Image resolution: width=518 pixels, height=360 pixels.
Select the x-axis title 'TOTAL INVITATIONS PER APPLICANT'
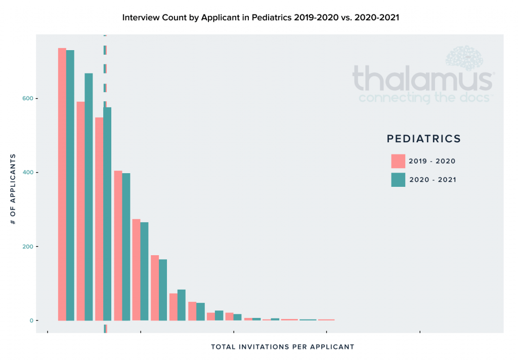pyautogui.click(x=282, y=347)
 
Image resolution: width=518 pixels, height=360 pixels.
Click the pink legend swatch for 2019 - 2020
pyautogui.click(x=398, y=161)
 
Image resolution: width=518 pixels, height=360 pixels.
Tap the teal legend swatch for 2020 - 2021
pyautogui.click(x=398, y=180)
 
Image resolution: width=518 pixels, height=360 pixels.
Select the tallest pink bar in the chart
pyautogui.click(x=62, y=184)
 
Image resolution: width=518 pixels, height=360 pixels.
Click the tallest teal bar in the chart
pyautogui.click(x=70, y=185)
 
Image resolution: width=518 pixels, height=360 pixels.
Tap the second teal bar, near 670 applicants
pyautogui.click(x=89, y=197)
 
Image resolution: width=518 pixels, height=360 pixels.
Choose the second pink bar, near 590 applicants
pyautogui.click(x=80, y=211)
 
